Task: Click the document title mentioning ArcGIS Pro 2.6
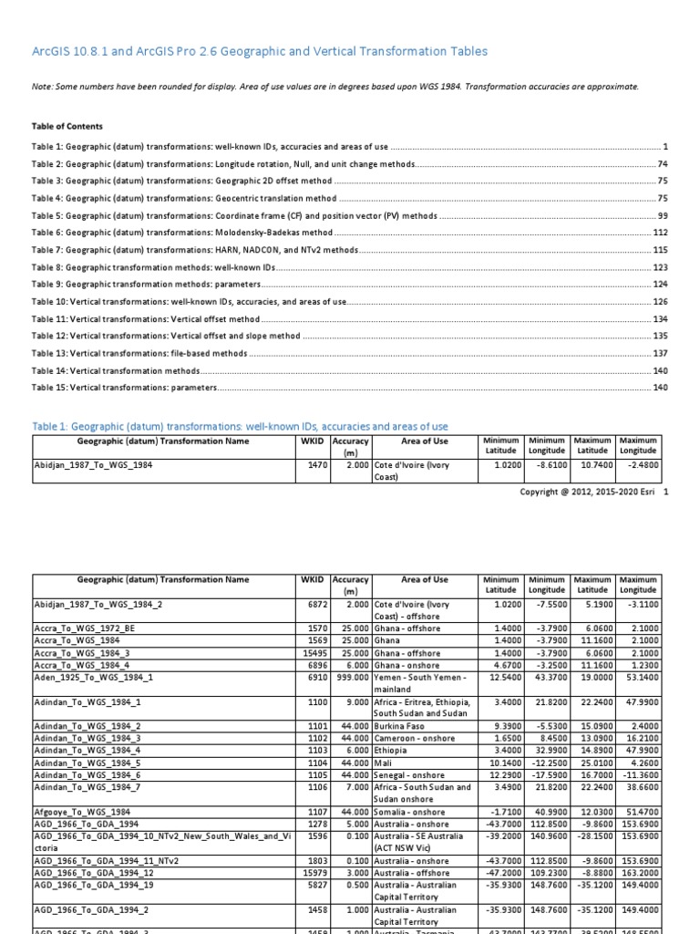tap(260, 52)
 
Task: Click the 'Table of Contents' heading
tap(67, 127)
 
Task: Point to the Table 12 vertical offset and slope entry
tap(166, 336)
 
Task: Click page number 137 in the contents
tap(661, 353)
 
